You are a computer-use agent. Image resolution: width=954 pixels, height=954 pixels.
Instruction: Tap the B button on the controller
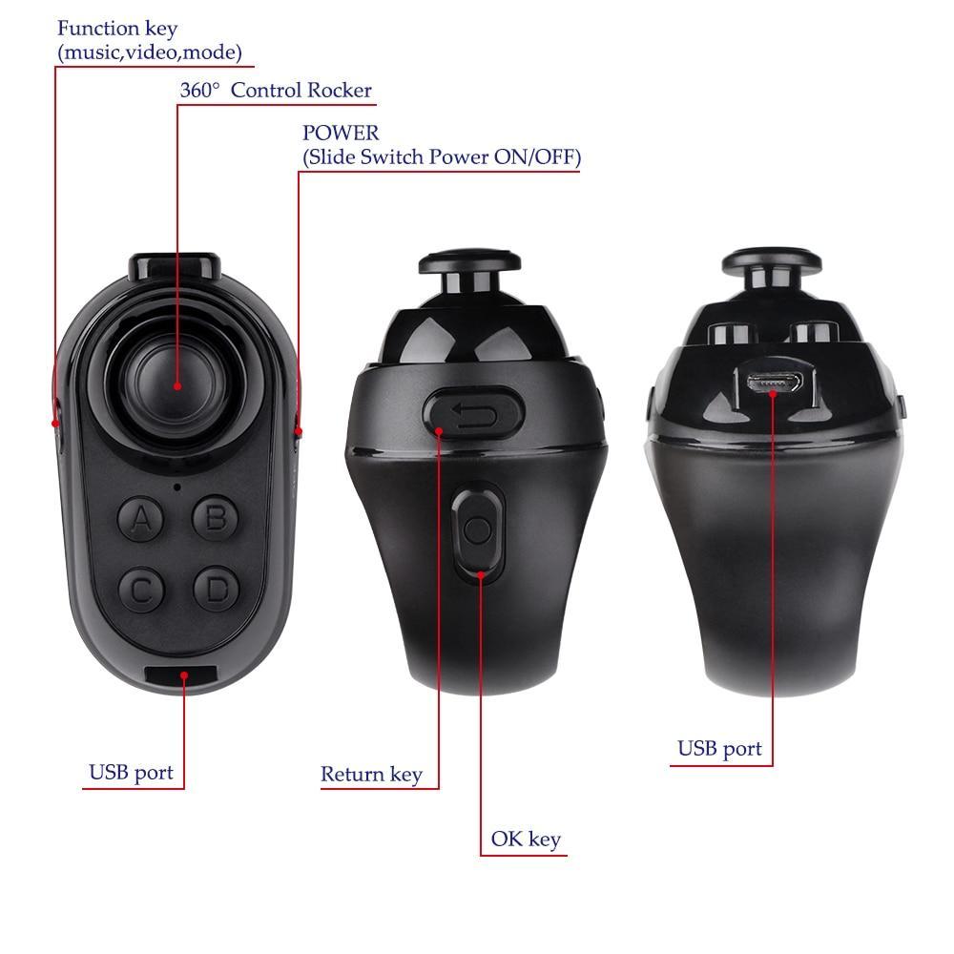point(216,518)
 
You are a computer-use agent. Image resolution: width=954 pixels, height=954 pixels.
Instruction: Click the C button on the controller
point(141,590)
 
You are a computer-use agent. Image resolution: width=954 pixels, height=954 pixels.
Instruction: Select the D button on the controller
point(217,590)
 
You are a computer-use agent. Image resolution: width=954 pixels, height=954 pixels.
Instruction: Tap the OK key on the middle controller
point(479,530)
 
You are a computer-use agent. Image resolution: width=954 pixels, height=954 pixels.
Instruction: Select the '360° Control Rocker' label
point(276,91)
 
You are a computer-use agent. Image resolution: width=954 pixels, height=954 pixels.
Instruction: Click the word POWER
point(341,133)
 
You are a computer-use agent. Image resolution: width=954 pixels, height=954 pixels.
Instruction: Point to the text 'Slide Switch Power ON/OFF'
point(441,157)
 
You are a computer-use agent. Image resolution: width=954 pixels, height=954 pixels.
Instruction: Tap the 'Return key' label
point(371,775)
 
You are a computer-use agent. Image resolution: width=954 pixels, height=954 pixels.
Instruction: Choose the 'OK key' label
point(526,840)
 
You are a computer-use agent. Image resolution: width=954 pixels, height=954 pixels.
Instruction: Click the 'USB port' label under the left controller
point(132,772)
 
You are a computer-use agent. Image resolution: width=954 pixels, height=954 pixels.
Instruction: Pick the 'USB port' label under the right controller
point(720,749)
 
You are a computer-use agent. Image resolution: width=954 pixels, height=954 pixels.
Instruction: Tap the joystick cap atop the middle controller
point(468,263)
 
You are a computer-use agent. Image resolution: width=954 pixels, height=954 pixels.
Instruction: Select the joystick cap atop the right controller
point(772,260)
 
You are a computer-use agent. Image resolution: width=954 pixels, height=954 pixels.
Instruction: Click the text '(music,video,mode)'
point(151,52)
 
